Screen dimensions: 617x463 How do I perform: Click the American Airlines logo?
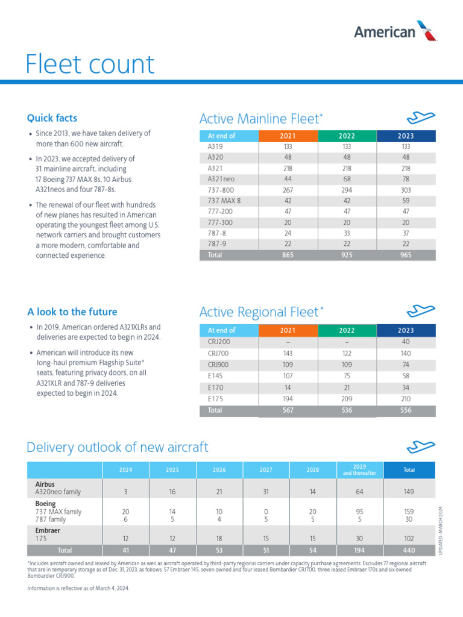coord(395,31)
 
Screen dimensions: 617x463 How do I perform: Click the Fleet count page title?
coord(90,64)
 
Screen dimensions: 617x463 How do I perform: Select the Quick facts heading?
coord(52,118)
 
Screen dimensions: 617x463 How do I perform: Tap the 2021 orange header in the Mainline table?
coord(288,136)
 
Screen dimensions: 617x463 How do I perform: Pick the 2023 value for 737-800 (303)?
coord(406,189)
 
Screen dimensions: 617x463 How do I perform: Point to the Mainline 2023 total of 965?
coord(406,255)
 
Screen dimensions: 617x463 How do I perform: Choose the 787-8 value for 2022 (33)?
coord(347,233)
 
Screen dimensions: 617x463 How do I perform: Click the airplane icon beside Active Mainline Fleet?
coord(421,117)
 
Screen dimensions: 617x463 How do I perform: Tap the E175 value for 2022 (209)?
coord(347,399)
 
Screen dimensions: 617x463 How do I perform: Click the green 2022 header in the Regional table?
coord(347,330)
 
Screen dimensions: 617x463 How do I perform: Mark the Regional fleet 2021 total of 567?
coord(288,410)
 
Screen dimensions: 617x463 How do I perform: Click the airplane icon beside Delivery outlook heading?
coord(421,446)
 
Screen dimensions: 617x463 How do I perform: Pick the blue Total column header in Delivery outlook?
coord(409,470)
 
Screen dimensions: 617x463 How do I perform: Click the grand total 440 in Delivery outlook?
coord(409,550)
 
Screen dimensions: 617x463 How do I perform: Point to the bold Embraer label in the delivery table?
coord(49,530)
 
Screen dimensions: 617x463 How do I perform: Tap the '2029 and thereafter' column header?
coord(359,470)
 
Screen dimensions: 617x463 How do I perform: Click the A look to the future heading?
coord(72,312)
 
